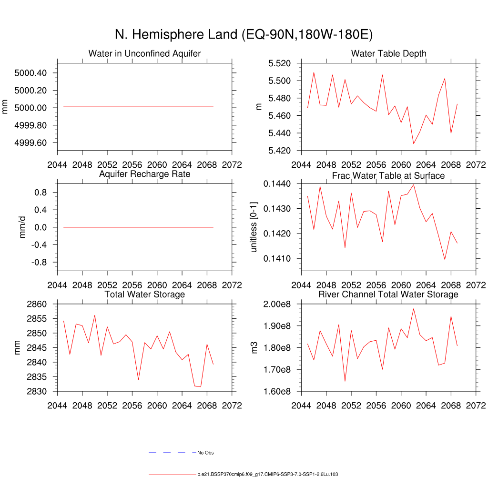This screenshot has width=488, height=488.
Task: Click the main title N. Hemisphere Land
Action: coord(244,35)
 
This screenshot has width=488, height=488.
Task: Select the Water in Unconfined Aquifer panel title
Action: coord(144,53)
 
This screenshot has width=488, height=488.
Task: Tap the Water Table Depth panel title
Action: coord(388,53)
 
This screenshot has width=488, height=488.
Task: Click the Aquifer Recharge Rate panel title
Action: coord(144,174)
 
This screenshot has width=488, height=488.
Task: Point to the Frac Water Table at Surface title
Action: coord(388,176)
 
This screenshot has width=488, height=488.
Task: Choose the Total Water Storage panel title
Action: coord(144,295)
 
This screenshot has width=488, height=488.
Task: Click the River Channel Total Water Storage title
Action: coord(388,295)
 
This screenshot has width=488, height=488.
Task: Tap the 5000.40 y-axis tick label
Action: coord(30,73)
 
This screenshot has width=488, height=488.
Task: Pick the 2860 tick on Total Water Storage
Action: coord(37,304)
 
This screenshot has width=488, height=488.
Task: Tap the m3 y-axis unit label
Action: coord(254,348)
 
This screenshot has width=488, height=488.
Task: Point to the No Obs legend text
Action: coord(205,453)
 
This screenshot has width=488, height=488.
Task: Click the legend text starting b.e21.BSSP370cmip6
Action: coord(267,475)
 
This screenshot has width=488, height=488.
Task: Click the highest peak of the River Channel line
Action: coord(413,309)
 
